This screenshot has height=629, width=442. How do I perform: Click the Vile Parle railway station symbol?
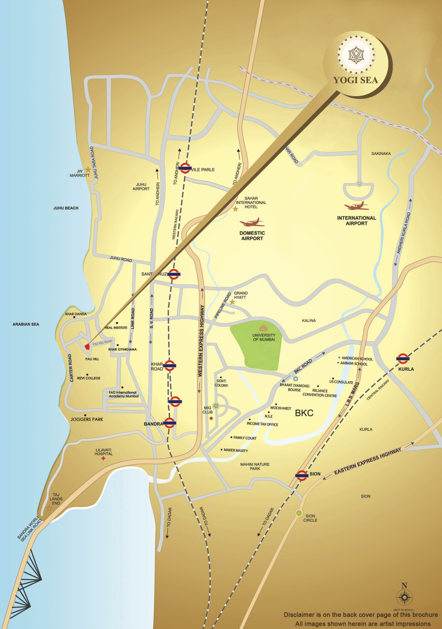185,168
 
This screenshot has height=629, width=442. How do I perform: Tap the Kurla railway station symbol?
403,358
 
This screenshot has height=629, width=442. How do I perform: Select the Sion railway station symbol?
302,475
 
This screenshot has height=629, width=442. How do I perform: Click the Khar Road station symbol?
170,365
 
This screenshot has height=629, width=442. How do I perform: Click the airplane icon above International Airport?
357,206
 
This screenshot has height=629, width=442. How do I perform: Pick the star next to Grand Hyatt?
232,302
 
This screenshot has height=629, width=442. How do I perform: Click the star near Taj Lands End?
49,509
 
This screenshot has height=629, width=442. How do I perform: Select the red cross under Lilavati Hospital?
103,458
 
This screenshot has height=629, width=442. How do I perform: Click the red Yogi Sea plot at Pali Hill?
87,347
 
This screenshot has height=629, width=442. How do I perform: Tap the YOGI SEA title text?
355,80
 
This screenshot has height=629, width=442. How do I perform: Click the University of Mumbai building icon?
263,328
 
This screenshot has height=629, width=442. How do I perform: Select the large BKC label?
304,413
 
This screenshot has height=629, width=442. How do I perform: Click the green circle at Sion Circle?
299,513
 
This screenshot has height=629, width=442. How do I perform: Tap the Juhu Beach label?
66,208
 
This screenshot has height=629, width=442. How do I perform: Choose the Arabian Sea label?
26,324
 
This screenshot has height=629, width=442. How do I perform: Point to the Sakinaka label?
381,154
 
